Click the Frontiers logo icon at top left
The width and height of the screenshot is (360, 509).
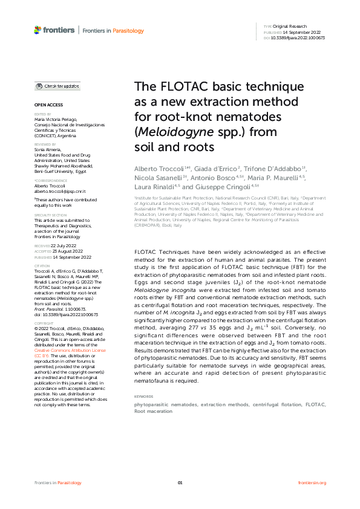(38, 30)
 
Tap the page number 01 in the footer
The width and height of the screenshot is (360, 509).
(180, 482)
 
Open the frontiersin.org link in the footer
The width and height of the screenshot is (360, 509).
(312, 482)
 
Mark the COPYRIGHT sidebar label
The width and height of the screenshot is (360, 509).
(43, 306)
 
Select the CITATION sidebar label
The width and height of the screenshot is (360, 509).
(42, 265)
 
